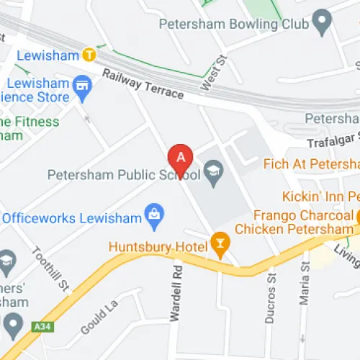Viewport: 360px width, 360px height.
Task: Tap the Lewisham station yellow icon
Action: pos(89,53)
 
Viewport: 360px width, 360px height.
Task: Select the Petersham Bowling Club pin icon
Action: pos(322,24)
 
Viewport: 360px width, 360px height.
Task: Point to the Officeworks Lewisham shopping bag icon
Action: pos(153,213)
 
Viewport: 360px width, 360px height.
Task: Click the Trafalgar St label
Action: pos(333,143)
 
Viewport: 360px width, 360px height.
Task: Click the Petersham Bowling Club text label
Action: pos(233,24)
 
